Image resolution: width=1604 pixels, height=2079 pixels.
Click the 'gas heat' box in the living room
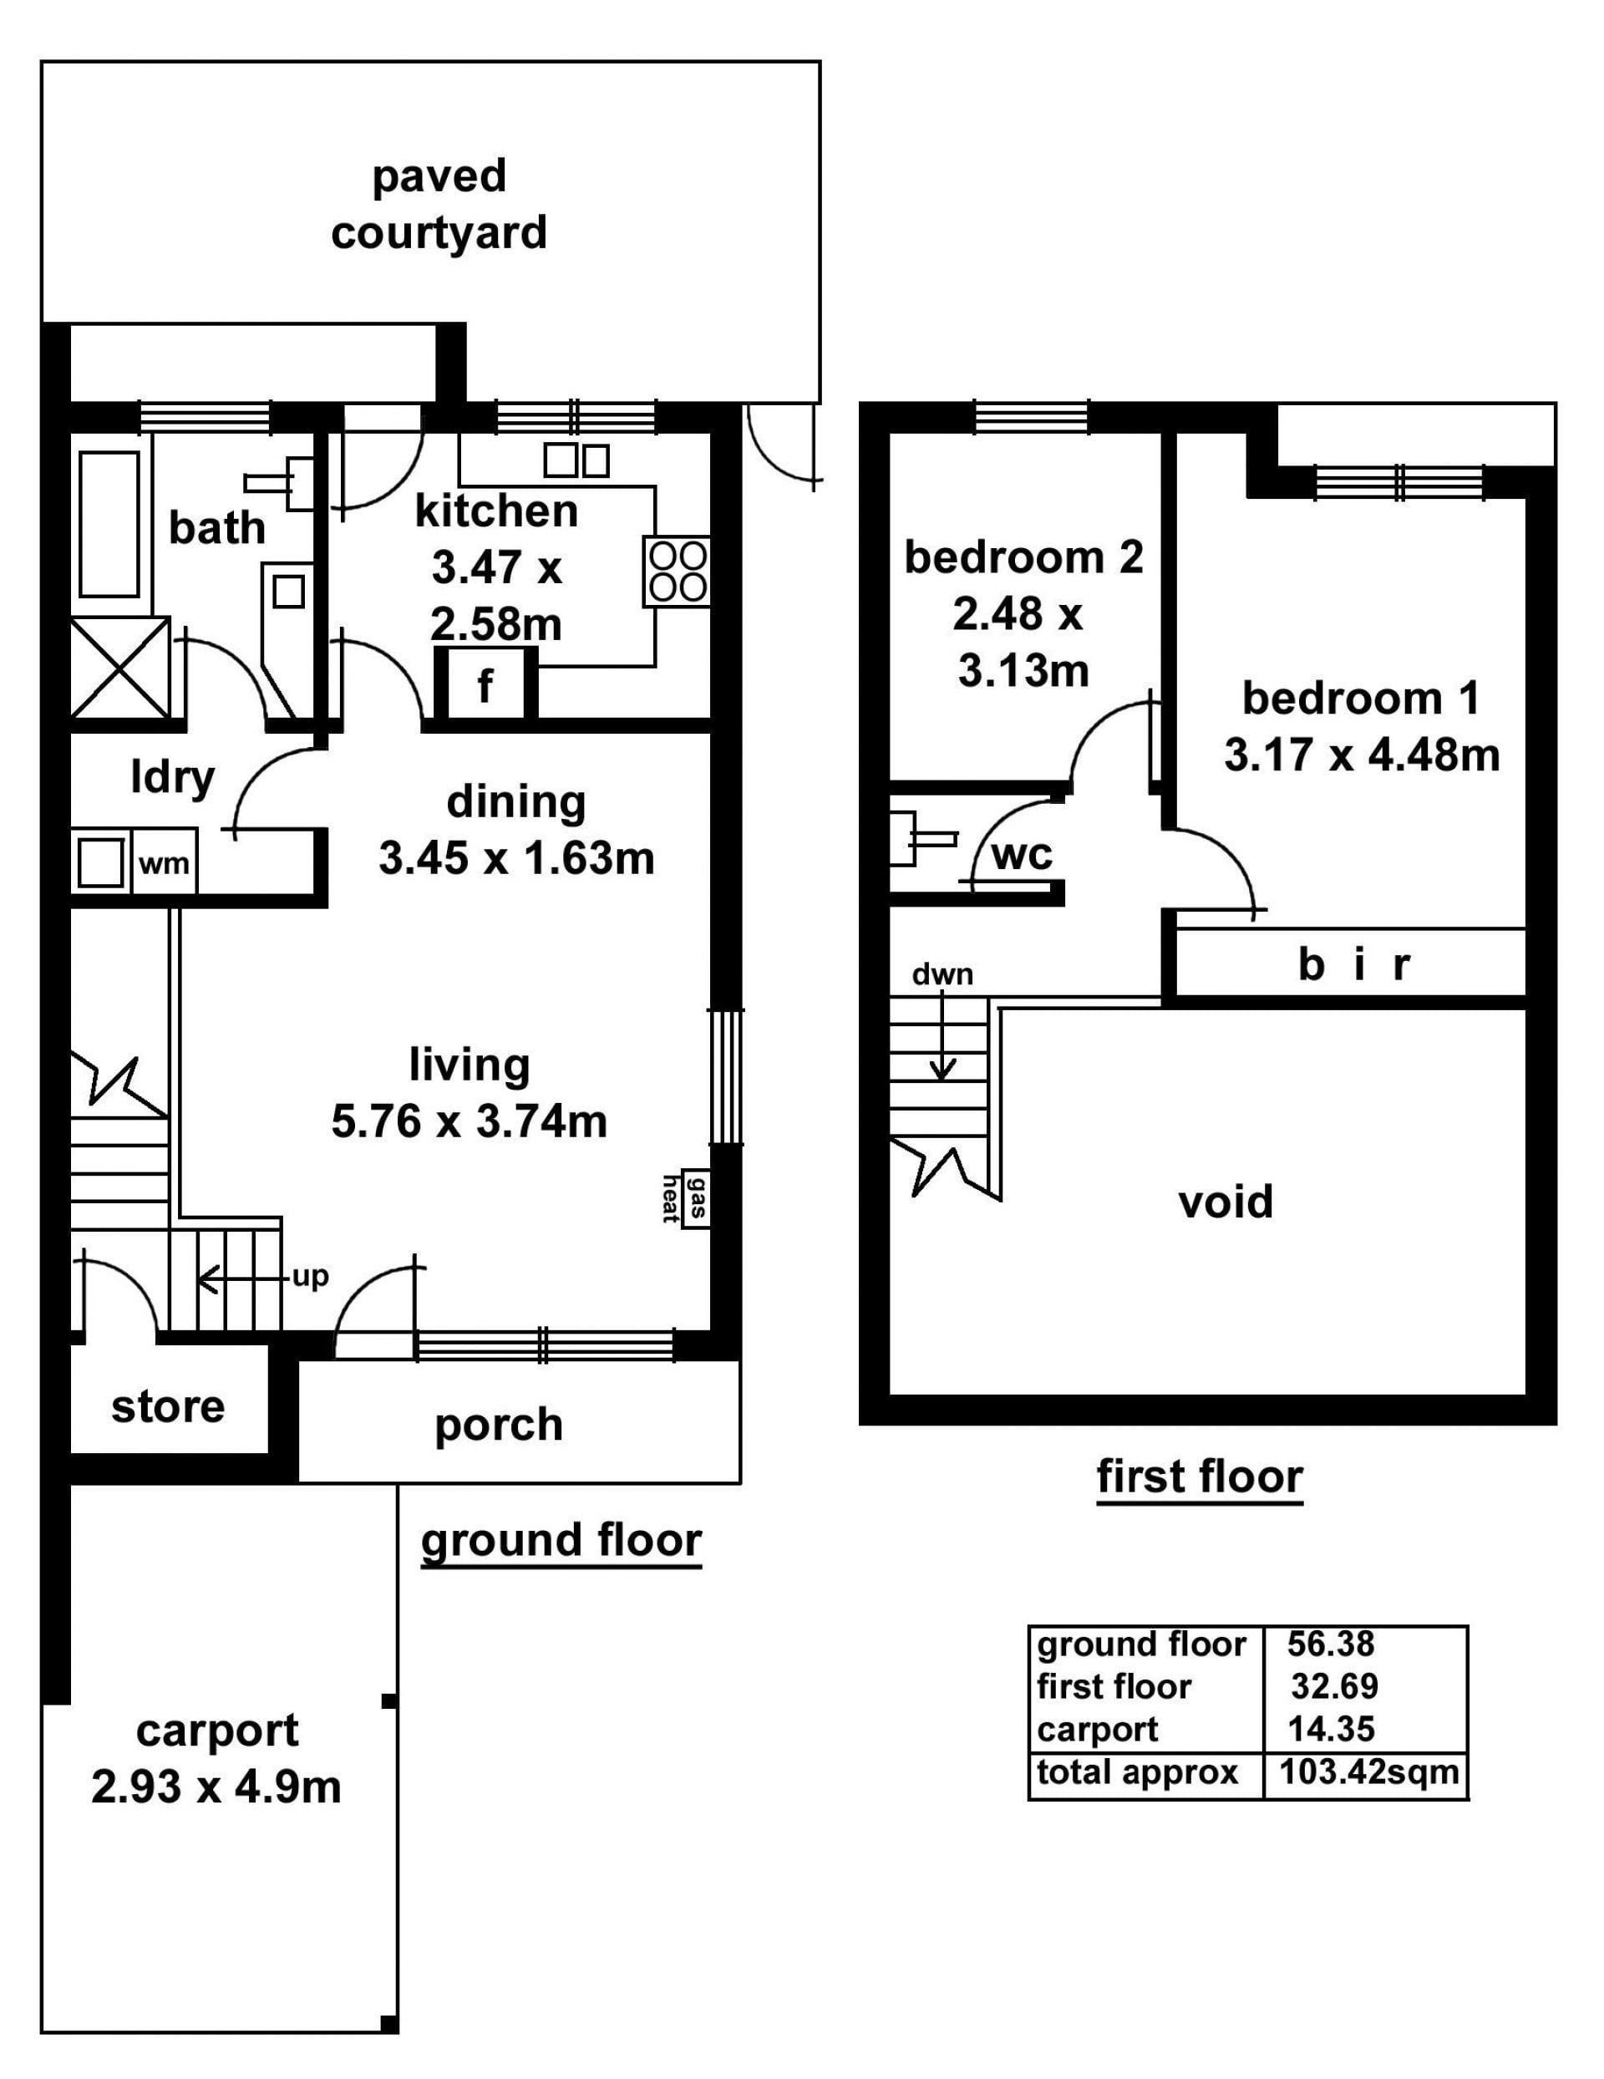(696, 1197)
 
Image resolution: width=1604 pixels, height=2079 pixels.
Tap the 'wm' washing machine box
(164, 863)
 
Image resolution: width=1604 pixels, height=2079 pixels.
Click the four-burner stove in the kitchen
(677, 572)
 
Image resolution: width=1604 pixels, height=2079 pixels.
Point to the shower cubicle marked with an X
(120, 668)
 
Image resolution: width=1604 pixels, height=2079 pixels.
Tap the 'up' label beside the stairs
(310, 1277)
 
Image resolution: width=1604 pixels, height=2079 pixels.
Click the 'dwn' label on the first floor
(942, 973)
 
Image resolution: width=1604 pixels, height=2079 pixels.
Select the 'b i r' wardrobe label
(1353, 964)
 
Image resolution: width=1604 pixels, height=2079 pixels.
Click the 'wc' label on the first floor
(1022, 854)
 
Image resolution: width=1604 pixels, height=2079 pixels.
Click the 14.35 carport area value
(1331, 1728)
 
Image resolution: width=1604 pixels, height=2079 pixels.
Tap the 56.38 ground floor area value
(1331, 1643)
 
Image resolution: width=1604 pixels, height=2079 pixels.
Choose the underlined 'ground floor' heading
(561, 1541)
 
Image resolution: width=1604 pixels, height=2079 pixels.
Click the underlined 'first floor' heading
(1200, 1477)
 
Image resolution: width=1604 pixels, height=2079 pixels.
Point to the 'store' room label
(168, 1407)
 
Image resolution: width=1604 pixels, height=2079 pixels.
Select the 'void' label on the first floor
(1225, 1202)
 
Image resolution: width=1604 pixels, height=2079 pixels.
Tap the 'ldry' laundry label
(172, 779)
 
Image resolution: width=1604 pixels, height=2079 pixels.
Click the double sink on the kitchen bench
(576, 460)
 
